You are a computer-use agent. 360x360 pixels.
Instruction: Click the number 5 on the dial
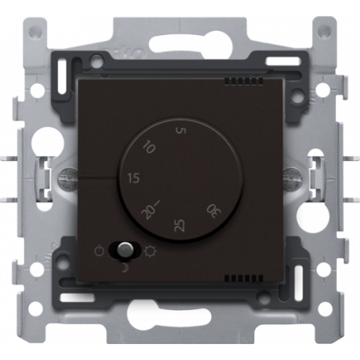click(x=182, y=131)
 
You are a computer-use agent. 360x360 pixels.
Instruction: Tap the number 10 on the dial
click(x=149, y=147)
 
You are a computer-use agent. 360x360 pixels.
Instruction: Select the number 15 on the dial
click(x=134, y=178)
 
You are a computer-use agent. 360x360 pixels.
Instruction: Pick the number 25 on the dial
click(x=179, y=225)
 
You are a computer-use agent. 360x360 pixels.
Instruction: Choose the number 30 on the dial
click(x=214, y=211)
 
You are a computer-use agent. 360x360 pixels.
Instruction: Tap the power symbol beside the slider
click(x=100, y=251)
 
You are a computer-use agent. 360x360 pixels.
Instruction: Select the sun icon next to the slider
click(x=151, y=251)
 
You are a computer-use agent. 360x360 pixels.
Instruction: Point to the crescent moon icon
click(x=124, y=268)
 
